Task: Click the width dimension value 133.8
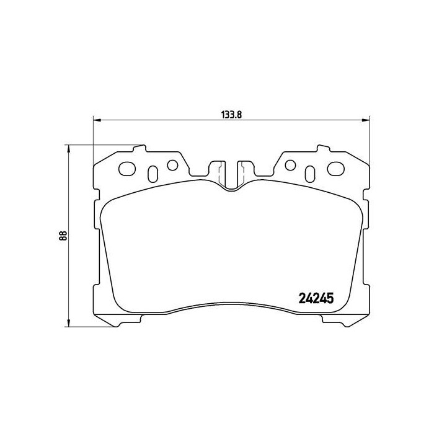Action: (231, 113)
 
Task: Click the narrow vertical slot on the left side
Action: (152, 171)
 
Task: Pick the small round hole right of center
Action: (289, 165)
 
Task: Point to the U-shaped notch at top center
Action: (231, 177)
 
